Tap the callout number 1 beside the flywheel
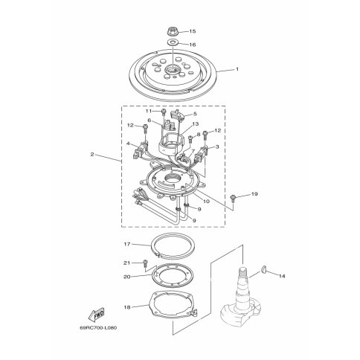pyautogui.click(x=237, y=69)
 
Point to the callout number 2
pyautogui.click(x=92, y=154)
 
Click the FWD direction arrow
pyautogui.click(x=96, y=315)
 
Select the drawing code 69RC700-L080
pyautogui.click(x=98, y=328)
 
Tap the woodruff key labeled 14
pyautogui.click(x=264, y=269)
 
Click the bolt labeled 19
pyautogui.click(x=232, y=199)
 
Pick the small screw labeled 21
pyautogui.click(x=145, y=263)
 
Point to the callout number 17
pyautogui.click(x=127, y=244)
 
